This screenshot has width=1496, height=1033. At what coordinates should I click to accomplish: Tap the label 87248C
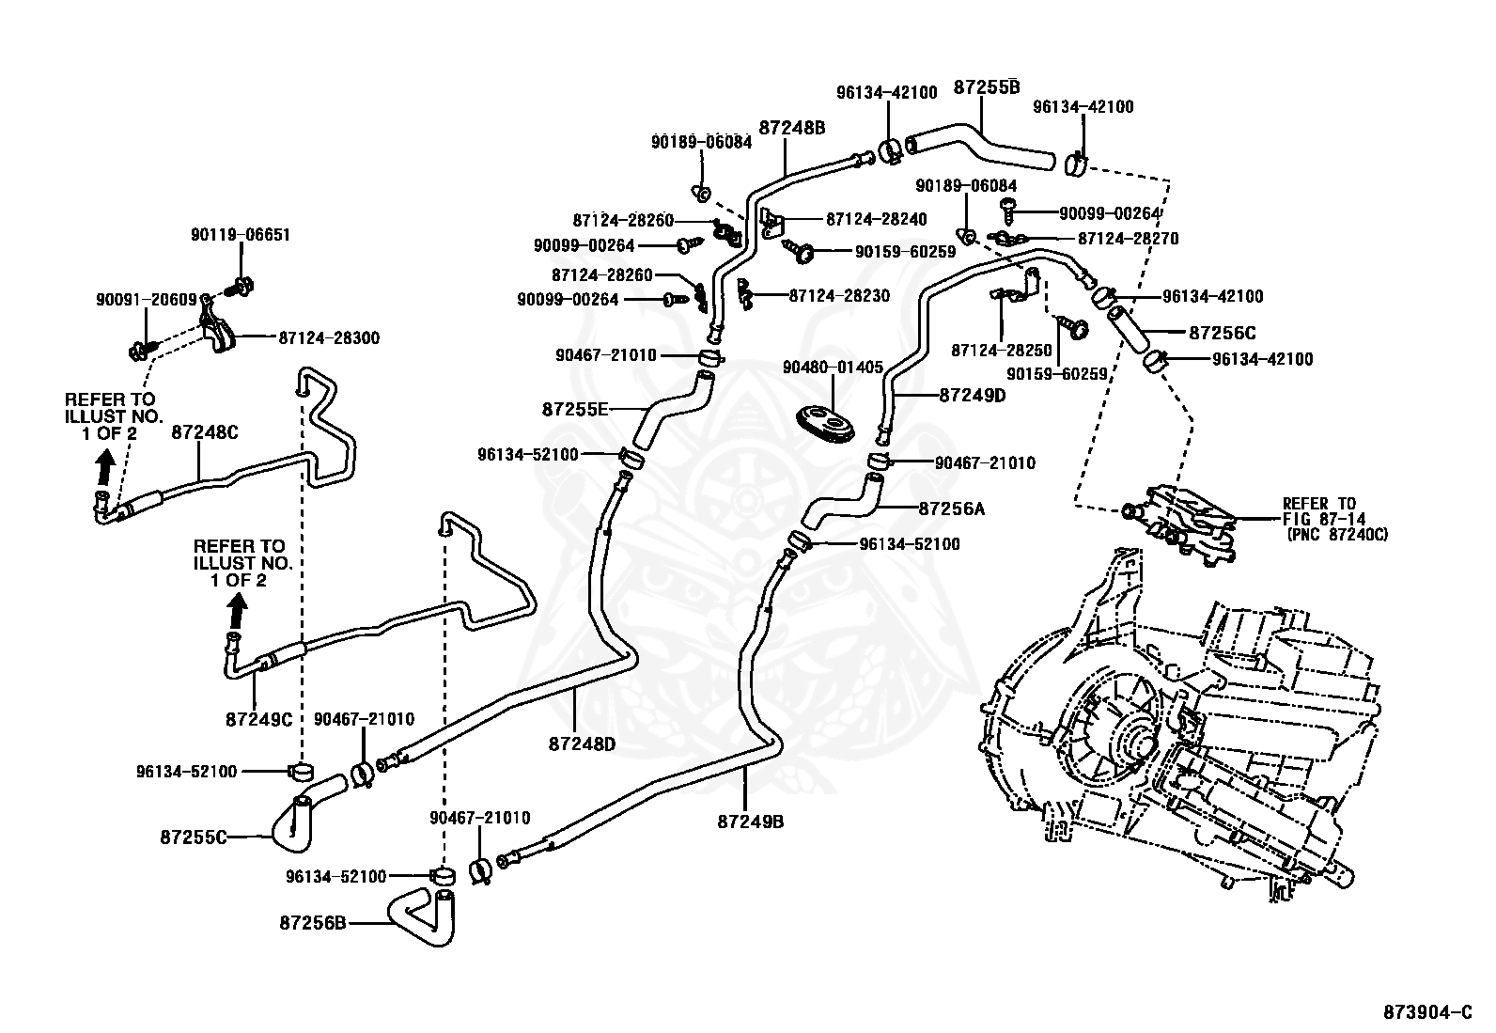click(x=205, y=431)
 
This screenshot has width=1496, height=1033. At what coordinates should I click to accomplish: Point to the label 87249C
click(x=259, y=719)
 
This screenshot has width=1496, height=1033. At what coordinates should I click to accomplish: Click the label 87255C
click(x=194, y=836)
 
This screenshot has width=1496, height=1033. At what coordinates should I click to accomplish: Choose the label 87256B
click(x=313, y=923)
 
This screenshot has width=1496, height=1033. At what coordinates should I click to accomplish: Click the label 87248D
click(x=582, y=743)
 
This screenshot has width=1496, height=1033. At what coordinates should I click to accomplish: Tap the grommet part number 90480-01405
click(x=833, y=367)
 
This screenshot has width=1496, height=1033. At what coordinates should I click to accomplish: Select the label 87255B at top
click(x=987, y=86)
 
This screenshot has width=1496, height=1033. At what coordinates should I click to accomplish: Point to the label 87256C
click(x=1222, y=333)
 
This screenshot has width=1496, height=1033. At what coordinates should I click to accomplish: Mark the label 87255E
click(x=576, y=409)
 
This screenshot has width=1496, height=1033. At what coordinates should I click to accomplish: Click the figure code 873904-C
click(x=1426, y=1011)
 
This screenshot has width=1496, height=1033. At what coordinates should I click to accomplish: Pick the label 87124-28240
click(x=876, y=219)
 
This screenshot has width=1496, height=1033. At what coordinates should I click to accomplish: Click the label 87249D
click(x=973, y=396)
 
